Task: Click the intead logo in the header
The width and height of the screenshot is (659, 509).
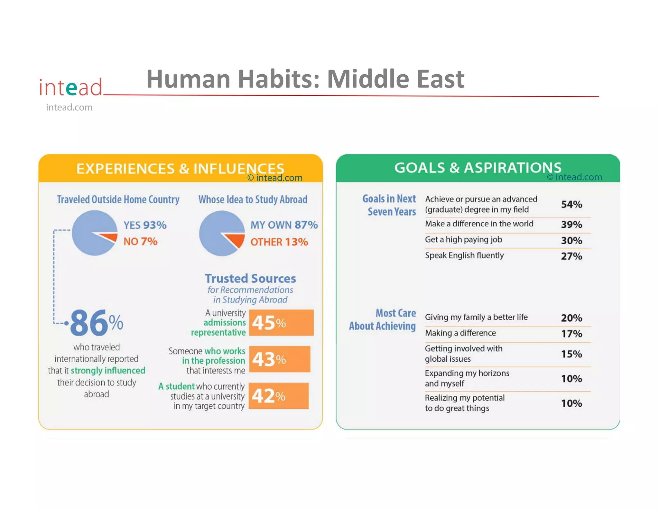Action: point(70,87)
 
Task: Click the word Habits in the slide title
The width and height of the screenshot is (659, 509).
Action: point(278,79)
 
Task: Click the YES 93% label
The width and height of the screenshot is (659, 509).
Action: point(145,225)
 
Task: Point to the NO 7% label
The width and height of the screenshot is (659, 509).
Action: point(140,241)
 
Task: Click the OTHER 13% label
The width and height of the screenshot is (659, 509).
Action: point(279,242)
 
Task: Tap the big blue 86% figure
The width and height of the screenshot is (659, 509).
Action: point(96,323)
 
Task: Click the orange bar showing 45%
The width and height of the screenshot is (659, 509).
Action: point(281,322)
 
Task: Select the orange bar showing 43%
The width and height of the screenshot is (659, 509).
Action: point(279,359)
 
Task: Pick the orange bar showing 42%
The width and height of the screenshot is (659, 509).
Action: point(278,396)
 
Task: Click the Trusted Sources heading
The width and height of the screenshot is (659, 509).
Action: point(250,278)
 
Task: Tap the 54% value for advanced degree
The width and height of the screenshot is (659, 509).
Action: point(571,204)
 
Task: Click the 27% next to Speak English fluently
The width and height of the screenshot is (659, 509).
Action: point(571,256)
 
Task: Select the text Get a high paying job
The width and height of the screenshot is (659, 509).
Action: point(463,240)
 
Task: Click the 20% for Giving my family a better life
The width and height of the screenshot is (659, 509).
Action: point(571,318)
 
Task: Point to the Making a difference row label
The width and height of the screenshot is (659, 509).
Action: point(460,333)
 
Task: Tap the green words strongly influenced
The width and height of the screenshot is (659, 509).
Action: point(108,371)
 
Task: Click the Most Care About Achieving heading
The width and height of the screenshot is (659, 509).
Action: point(383,319)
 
